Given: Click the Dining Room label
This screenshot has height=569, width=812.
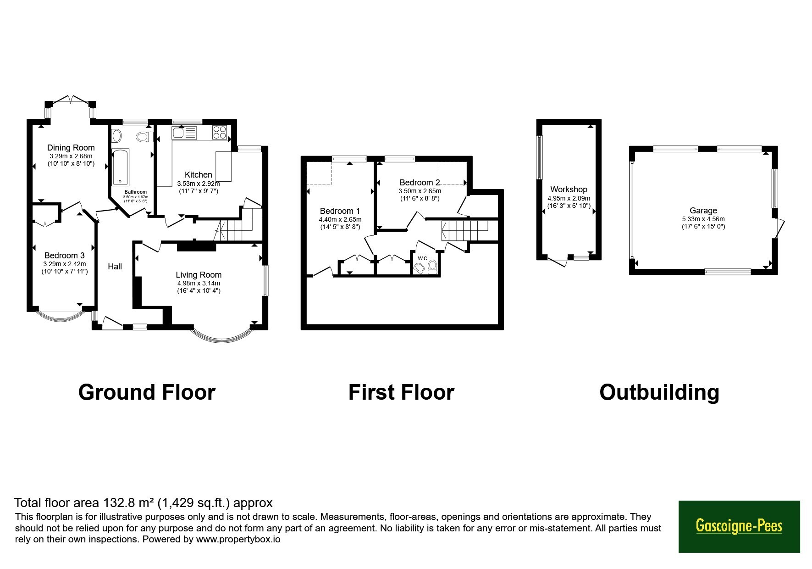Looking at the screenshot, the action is tap(71, 148).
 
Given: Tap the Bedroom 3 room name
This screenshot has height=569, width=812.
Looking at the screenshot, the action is tap(65, 256).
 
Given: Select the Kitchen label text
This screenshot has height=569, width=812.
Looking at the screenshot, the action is tap(199, 175).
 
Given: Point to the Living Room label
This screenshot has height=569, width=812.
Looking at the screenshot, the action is tap(199, 275).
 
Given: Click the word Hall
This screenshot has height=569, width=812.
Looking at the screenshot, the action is tap(115, 267).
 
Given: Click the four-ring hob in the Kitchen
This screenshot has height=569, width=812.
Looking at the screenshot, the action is tap(220, 132).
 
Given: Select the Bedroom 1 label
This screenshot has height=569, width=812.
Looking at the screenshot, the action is tap(340, 211).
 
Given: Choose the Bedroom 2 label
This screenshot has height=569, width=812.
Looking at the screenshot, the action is tap(420, 183).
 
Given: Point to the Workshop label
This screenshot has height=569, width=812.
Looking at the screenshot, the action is tap(569, 190).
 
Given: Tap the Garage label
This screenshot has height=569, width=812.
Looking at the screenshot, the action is tap(703, 211).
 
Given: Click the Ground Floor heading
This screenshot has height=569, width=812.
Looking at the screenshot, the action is tap(147, 393).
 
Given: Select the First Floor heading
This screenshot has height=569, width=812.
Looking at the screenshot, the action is tap(401, 393).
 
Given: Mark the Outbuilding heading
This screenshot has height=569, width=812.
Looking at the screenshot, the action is tap(659, 393).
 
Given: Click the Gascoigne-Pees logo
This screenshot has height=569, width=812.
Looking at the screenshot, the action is tap(739, 526).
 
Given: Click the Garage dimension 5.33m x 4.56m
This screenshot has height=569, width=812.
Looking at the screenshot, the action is tap(703, 219).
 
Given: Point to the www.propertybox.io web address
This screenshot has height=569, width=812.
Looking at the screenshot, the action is tap(238, 540).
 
